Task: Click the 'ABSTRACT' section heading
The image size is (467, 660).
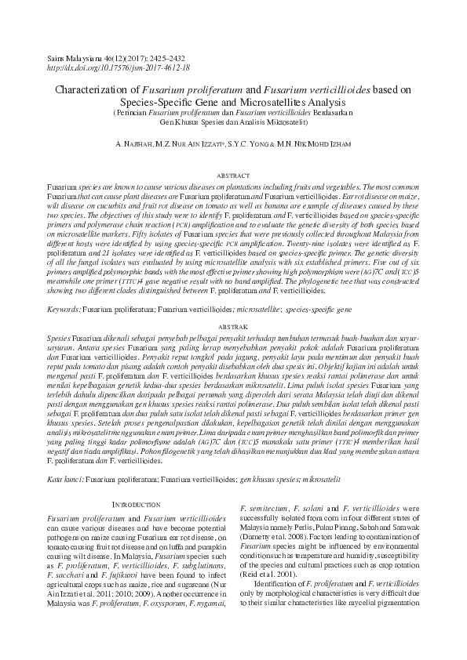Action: pyautogui.click(x=233, y=178)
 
